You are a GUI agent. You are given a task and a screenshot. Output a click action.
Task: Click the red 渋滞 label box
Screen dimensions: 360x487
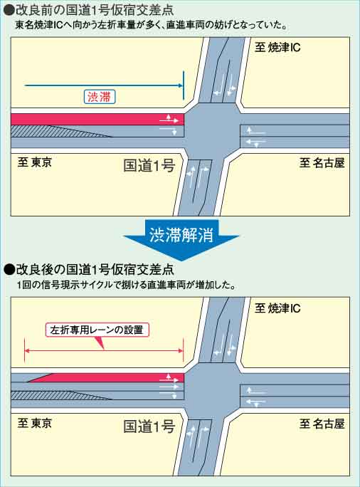pyautogui.click(x=100, y=97)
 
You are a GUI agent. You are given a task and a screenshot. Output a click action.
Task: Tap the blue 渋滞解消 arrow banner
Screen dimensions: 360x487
pyautogui.click(x=181, y=238)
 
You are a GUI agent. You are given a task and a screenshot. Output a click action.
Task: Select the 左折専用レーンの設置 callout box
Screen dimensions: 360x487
pyautogui.click(x=97, y=330)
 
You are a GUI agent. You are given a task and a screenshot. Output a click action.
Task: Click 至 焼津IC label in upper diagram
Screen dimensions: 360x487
pyautogui.click(x=277, y=48)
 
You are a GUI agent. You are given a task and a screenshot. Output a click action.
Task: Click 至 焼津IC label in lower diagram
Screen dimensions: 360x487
pyautogui.click(x=277, y=308)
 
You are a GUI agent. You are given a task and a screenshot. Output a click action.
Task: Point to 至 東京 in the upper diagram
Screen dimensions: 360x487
pyautogui.click(x=34, y=162)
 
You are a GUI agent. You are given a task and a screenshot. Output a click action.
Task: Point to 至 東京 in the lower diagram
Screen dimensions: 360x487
pyautogui.click(x=34, y=423)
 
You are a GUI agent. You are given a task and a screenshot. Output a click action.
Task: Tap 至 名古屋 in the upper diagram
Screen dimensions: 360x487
pyautogui.click(x=322, y=163)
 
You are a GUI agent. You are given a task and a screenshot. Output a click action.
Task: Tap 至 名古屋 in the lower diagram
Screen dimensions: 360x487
pyautogui.click(x=322, y=424)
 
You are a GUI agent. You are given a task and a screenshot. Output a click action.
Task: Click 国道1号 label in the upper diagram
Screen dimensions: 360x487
pyautogui.click(x=149, y=166)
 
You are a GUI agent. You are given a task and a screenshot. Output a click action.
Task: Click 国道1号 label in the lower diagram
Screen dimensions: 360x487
pyautogui.click(x=149, y=426)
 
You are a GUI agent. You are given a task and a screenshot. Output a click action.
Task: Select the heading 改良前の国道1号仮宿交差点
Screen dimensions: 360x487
pyautogui.click(x=95, y=10)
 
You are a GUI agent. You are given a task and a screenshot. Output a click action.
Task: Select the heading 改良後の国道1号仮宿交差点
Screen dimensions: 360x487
pyautogui.click(x=95, y=269)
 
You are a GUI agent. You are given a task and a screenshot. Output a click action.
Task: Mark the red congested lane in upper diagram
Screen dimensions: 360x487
pyautogui.click(x=97, y=120)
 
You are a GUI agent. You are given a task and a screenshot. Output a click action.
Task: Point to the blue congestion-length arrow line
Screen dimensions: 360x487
pyautogui.click(x=104, y=85)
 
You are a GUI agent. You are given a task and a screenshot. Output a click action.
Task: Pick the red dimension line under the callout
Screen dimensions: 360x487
pyautogui.click(x=104, y=350)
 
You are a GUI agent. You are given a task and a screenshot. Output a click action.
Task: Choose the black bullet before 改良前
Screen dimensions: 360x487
pyautogui.click(x=9, y=10)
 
